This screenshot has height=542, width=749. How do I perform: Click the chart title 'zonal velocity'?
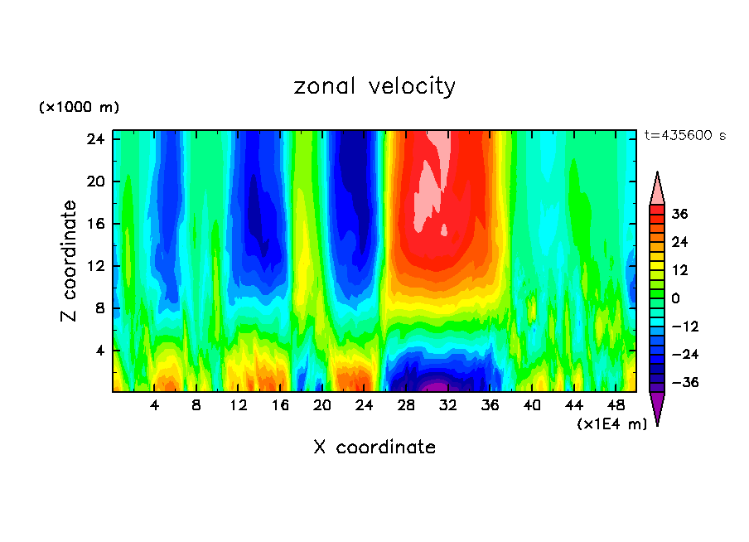[374, 86]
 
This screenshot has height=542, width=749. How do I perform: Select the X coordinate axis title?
[374, 448]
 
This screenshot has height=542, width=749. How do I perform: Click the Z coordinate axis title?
[70, 261]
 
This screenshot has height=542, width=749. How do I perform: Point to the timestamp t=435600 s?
[684, 135]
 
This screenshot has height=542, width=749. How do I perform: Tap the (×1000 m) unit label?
[79, 108]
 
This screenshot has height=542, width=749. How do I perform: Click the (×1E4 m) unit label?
[611, 424]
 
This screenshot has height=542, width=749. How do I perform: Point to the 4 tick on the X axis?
[154, 405]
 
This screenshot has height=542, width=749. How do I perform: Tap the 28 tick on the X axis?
[406, 405]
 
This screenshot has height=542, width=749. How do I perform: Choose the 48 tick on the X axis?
[616, 405]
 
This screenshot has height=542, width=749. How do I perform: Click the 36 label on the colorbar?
[679, 214]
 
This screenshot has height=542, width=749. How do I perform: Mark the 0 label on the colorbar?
[675, 298]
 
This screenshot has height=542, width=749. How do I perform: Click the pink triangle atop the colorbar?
[657, 189]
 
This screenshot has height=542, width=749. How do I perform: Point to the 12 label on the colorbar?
[679, 270]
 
